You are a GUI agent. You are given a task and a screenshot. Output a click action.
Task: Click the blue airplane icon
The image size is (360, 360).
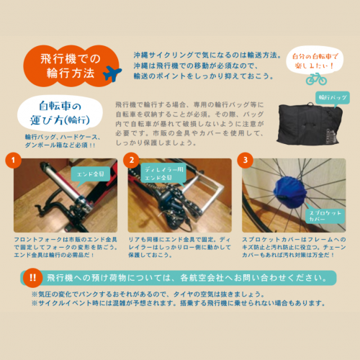(x=112, y=73)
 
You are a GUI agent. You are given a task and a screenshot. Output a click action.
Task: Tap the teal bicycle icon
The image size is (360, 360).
(x=316, y=79)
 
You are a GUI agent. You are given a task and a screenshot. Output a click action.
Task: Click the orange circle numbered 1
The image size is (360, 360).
(x=13, y=160)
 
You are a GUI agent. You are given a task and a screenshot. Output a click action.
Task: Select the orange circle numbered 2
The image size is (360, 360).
(x=131, y=160)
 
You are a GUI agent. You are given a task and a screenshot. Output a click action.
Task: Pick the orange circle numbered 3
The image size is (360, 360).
(x=245, y=160)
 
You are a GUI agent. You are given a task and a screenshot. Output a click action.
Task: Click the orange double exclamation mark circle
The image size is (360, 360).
(x=33, y=278)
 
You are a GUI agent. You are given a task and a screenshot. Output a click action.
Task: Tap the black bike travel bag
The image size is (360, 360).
(x=310, y=124)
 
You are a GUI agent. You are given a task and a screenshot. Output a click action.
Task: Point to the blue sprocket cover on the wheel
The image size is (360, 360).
(x=290, y=192)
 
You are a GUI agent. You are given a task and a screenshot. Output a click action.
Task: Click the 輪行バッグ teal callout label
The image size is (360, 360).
(x=333, y=98)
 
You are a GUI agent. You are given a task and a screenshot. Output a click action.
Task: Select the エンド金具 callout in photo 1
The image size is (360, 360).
(x=91, y=174)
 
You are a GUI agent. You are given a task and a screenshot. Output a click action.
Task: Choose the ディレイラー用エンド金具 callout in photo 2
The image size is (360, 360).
(x=163, y=174)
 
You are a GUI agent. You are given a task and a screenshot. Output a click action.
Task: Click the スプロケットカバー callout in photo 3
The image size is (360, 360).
(x=325, y=216)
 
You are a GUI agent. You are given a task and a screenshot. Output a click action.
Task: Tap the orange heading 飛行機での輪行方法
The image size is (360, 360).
(x=71, y=66)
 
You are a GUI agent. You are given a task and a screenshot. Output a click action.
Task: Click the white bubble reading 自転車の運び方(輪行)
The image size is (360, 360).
(x=60, y=113)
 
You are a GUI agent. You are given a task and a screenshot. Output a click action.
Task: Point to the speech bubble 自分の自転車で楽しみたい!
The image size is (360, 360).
(x=315, y=60)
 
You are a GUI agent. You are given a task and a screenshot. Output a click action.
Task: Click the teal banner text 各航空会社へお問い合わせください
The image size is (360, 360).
(x=254, y=278)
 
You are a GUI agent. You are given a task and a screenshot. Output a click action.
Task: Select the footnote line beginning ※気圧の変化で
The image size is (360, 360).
(x=148, y=294)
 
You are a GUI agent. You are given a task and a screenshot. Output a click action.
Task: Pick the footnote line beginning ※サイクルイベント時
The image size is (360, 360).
(x=179, y=303)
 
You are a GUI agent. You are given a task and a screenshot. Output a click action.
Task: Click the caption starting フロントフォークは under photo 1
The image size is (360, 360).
(x=66, y=247)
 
